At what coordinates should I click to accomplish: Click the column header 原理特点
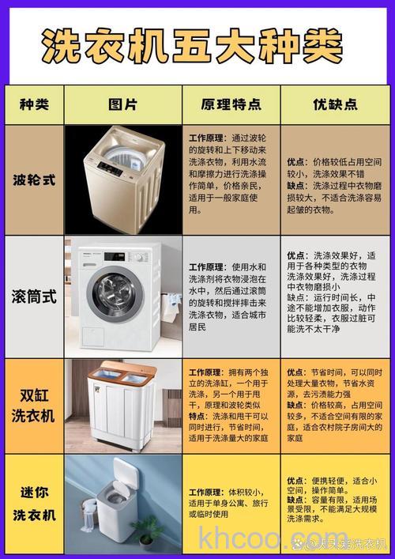point(231,104)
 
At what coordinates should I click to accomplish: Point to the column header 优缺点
point(335,104)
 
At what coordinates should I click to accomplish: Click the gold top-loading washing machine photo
point(123,179)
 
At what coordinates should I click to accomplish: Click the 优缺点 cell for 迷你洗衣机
point(335,498)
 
